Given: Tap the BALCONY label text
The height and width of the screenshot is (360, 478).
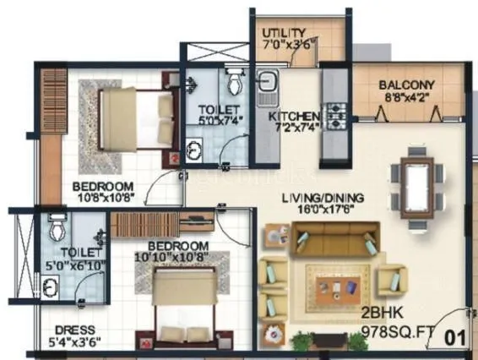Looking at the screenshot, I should coord(406,85).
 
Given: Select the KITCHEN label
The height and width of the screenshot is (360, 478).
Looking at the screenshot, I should coord(293,116).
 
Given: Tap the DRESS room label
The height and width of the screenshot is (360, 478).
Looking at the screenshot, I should coord(74,330).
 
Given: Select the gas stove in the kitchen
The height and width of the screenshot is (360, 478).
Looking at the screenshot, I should coord(335,112).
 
